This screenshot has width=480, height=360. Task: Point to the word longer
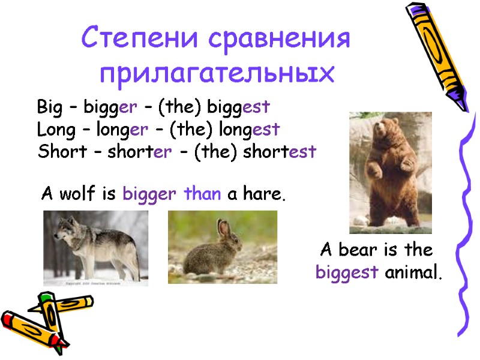[x=123, y=130]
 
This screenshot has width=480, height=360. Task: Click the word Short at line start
[x=55, y=152]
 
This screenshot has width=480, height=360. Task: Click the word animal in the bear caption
[x=413, y=274]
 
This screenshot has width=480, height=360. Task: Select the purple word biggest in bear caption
[x=347, y=274]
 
